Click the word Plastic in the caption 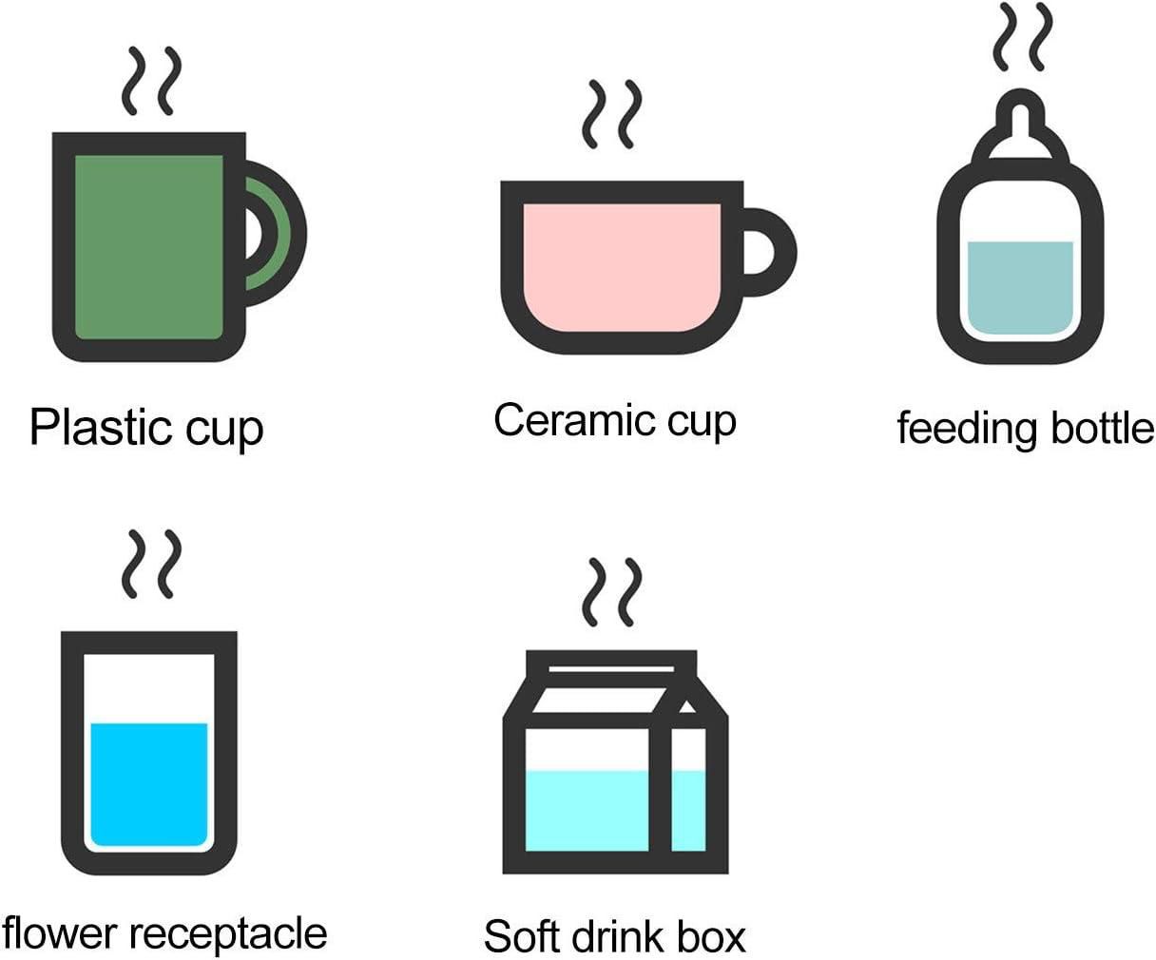pos(102,427)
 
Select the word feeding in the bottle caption pos(967,430)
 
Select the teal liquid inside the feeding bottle pos(1020,288)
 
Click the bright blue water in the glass pos(149,784)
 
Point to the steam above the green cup pos(151,81)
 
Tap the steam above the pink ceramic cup pos(612,114)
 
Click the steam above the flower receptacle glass pos(151,565)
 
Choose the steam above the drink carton pos(612,592)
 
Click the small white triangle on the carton pos(687,707)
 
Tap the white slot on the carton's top pos(611,669)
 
